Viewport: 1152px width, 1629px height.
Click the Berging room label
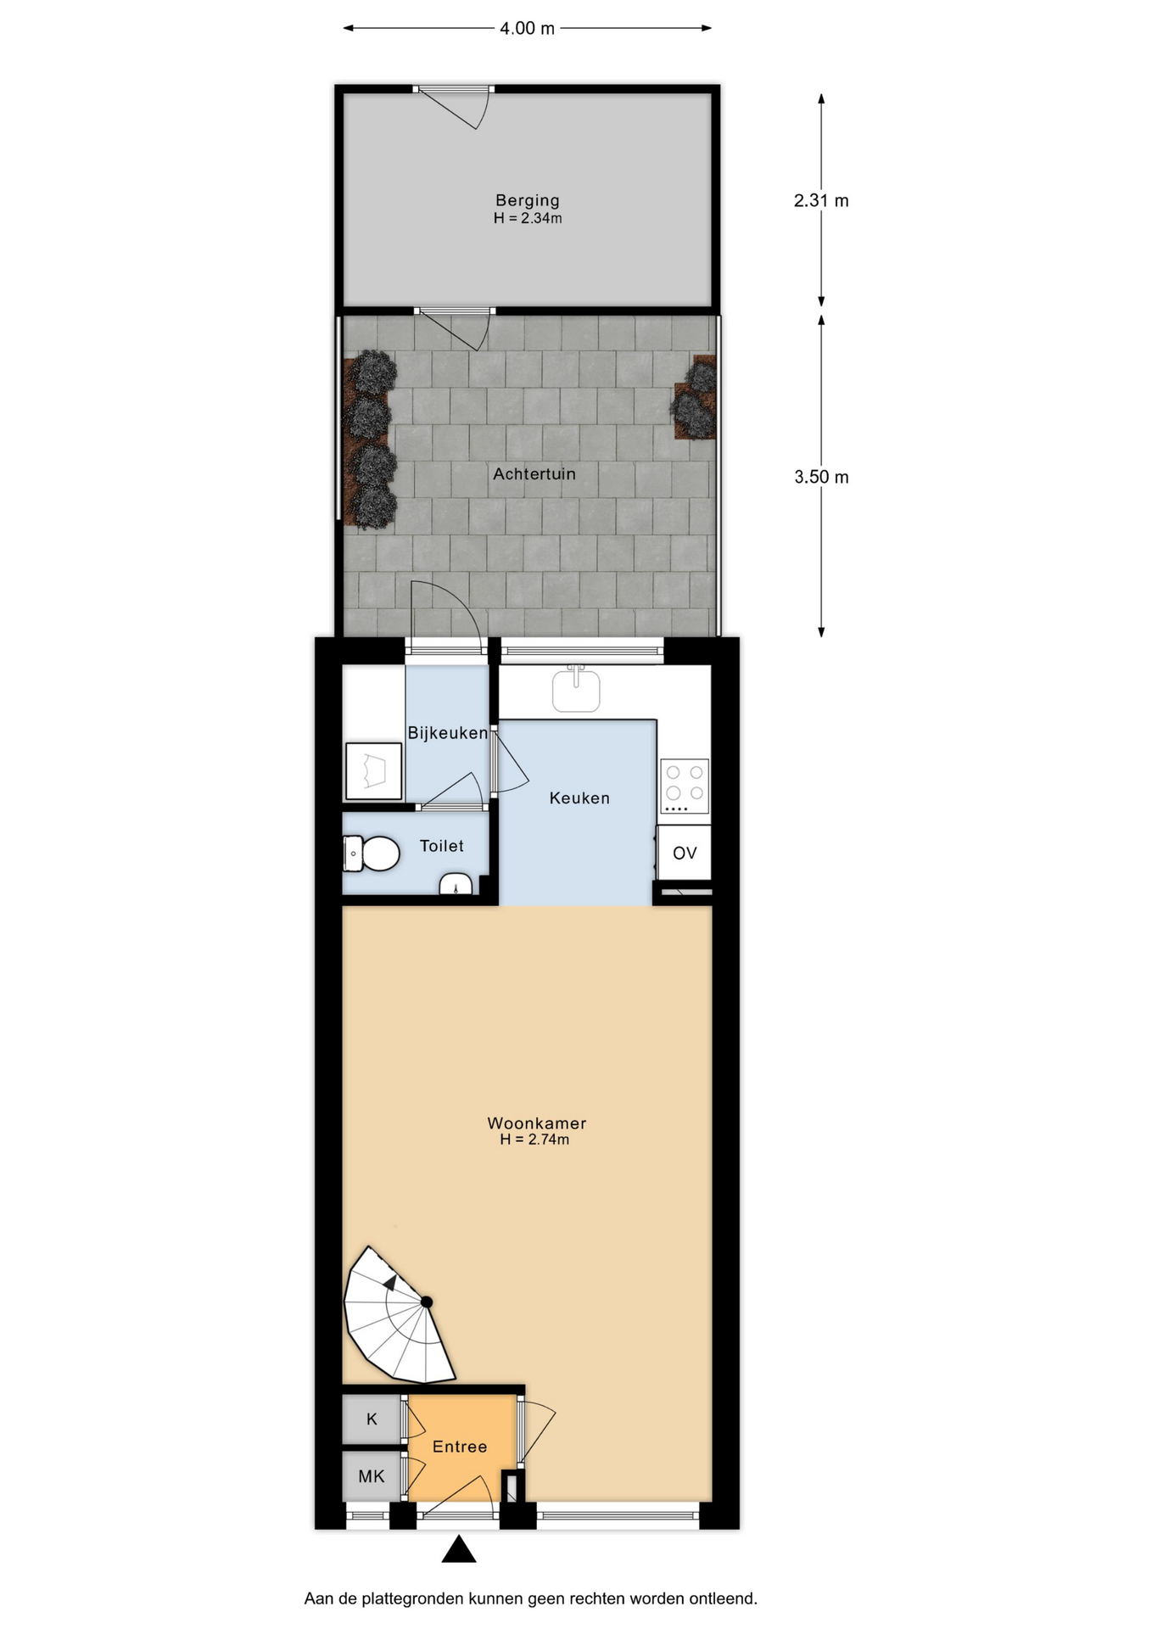point(528,200)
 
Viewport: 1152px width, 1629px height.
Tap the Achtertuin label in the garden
point(534,473)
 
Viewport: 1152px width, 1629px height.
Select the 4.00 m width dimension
point(527,28)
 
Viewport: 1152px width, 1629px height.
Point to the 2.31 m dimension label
point(821,200)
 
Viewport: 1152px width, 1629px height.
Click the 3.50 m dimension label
point(821,477)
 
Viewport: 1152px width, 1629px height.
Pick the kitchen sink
point(576,690)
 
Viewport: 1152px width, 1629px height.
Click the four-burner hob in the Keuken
point(685,786)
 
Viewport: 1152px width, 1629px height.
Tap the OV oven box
point(685,853)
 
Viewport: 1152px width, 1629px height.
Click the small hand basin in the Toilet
point(456,884)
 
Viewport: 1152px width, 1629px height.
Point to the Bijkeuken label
point(448,733)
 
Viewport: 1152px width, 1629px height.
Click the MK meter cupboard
point(372,1476)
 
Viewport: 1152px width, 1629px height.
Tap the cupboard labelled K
point(372,1419)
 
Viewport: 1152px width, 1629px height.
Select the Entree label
point(460,1447)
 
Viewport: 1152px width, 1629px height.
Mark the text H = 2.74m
point(534,1139)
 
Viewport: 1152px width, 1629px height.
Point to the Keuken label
point(579,798)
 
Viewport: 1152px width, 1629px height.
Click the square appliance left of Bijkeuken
point(373,771)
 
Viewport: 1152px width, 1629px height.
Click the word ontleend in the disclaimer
point(724,1598)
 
